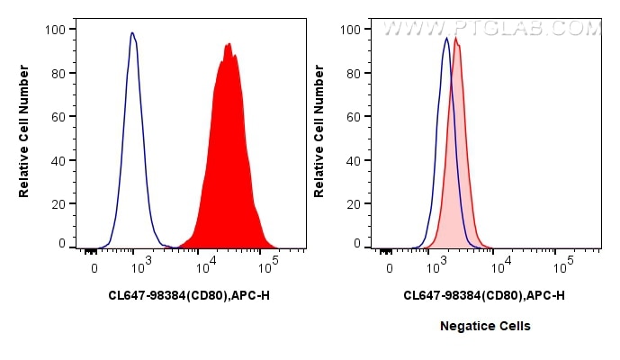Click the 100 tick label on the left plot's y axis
(x=55, y=29)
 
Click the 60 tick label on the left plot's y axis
(x=58, y=116)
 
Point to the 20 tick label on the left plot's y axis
(x=58, y=203)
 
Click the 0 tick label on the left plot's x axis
(x=94, y=268)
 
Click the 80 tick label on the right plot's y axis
(x=353, y=73)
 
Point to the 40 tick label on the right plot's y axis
(x=353, y=160)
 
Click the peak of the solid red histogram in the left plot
(x=229, y=44)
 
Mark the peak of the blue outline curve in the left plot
(x=132, y=33)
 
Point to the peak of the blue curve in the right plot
(x=446, y=38)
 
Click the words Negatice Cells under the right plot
(x=484, y=326)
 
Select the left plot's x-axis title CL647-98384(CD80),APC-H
(x=188, y=295)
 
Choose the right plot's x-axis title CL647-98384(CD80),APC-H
(x=484, y=295)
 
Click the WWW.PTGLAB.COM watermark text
(x=491, y=29)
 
